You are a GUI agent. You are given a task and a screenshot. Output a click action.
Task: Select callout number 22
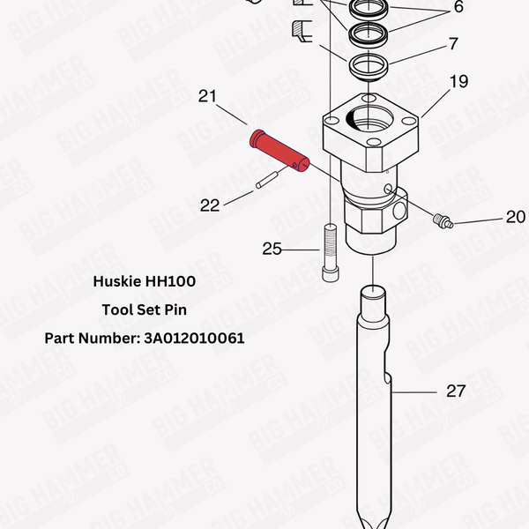tap(210, 205)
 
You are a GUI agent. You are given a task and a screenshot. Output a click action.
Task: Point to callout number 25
tap(272, 250)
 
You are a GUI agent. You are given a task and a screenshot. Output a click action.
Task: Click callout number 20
tap(515, 217)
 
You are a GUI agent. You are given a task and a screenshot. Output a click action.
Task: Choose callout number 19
tap(459, 83)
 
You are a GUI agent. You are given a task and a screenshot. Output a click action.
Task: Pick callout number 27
tap(455, 391)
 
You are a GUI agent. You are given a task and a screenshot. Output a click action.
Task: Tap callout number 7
tap(453, 43)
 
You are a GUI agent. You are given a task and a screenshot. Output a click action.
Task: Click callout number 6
tap(458, 8)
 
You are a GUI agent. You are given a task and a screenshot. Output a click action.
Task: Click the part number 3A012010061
tap(194, 338)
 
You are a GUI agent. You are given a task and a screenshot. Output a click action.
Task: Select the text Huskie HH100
tap(145, 282)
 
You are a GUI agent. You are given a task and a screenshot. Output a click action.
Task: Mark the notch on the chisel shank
tap(387, 378)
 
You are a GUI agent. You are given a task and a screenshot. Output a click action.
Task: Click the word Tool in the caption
tap(119, 309)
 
